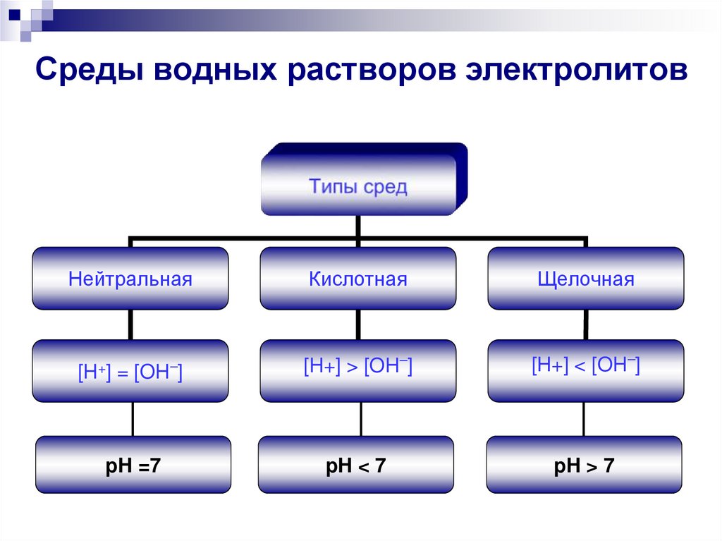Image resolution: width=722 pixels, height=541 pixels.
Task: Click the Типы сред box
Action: (x=358, y=186)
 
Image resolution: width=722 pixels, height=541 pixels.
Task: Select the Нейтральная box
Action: (x=130, y=279)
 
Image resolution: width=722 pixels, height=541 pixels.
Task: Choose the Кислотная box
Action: (x=358, y=279)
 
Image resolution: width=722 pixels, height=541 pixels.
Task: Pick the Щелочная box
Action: (x=585, y=279)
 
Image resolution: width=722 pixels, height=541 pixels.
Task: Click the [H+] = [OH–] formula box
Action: (x=130, y=371)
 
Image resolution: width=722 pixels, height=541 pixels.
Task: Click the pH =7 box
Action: (x=133, y=465)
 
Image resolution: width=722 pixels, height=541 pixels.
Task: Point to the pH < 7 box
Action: (x=356, y=465)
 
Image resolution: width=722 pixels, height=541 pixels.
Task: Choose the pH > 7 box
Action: (x=585, y=465)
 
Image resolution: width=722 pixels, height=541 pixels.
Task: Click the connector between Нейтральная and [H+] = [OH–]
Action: (x=130, y=324)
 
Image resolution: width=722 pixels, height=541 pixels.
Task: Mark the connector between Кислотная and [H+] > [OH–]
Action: (x=358, y=324)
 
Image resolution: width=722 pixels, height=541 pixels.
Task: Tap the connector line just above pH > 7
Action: (x=584, y=419)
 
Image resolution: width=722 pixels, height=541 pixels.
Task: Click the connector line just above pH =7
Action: (x=133, y=419)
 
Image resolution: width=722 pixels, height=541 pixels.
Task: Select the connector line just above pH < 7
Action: (x=361, y=419)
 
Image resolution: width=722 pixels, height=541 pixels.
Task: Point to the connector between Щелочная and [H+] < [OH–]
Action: (x=585, y=324)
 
